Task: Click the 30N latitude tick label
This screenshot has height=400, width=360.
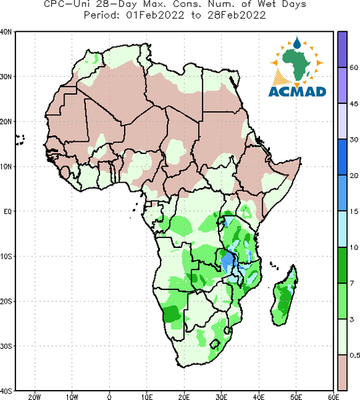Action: click(6, 77)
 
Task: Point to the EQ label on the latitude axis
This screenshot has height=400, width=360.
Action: click(7, 211)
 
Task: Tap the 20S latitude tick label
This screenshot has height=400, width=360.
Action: click(6, 301)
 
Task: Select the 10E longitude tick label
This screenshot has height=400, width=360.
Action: click(147, 397)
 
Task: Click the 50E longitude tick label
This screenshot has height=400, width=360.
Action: click(296, 397)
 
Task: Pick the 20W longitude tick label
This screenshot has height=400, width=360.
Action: click(35, 397)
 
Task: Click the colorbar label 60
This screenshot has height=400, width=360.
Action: click(354, 67)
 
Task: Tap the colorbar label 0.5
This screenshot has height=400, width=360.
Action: click(355, 355)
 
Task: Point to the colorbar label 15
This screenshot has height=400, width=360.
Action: click(354, 211)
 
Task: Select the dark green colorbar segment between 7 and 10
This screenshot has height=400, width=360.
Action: click(343, 265)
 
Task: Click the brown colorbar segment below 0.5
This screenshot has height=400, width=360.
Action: click(343, 373)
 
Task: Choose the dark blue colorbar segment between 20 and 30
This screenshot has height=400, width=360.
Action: click(343, 157)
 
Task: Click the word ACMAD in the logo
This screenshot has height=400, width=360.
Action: click(297, 92)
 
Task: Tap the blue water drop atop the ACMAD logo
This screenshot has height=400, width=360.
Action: click(297, 43)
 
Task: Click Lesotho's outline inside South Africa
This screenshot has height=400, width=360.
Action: click(215, 344)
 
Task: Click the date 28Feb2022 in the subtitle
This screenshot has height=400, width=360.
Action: click(237, 15)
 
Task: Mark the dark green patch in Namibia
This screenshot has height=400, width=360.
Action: click(171, 314)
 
